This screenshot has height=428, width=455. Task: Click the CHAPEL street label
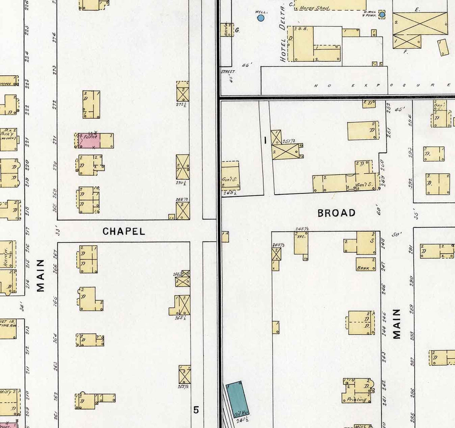coord(124,231)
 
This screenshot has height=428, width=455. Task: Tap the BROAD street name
coord(336,213)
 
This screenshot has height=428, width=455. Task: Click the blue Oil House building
coord(237,400)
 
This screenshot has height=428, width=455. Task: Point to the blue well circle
coord(261,18)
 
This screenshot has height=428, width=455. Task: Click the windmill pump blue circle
coord(382,15)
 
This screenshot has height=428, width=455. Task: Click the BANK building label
coord(363,268)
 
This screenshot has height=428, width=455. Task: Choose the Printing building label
coord(356,399)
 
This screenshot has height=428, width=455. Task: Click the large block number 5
coord(196,410)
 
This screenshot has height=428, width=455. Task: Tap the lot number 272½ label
coord(182,104)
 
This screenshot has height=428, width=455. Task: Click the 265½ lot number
coord(180,318)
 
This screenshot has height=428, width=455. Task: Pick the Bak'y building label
coord(7,133)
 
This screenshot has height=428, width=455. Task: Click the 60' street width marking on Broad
coord(379,210)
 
